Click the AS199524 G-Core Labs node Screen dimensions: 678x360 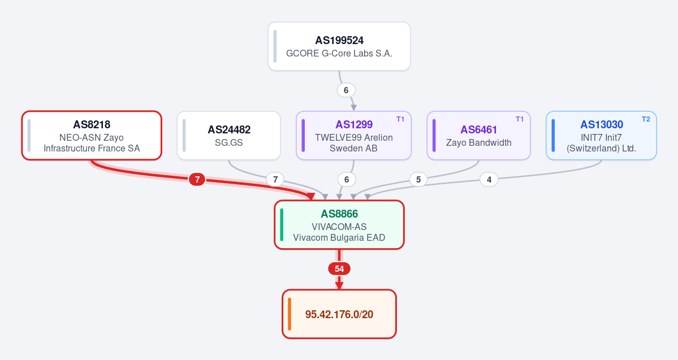[339, 46]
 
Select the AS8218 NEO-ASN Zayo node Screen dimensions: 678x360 [92, 136]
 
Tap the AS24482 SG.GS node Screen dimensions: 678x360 [229, 136]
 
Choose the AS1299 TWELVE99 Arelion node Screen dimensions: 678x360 [353, 136]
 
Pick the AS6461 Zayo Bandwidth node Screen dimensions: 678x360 [478, 136]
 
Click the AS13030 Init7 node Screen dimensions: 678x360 [601, 136]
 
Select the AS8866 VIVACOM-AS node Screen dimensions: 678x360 [339, 225]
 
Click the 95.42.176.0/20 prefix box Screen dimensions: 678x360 [339, 314]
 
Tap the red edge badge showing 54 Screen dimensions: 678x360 [339, 269]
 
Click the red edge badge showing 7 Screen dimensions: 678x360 [197, 179]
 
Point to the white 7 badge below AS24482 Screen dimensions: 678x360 [275, 179]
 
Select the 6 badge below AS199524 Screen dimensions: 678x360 [346, 90]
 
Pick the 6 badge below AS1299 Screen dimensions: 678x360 [346, 179]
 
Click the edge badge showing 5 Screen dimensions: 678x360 [418, 179]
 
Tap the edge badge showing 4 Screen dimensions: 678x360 [489, 179]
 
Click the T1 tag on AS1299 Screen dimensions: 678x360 [400, 119]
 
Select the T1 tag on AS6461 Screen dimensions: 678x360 [520, 119]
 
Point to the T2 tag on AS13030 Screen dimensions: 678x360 [646, 119]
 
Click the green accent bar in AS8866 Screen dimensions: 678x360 [282, 225]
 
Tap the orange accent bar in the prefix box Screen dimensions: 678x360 [290, 314]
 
